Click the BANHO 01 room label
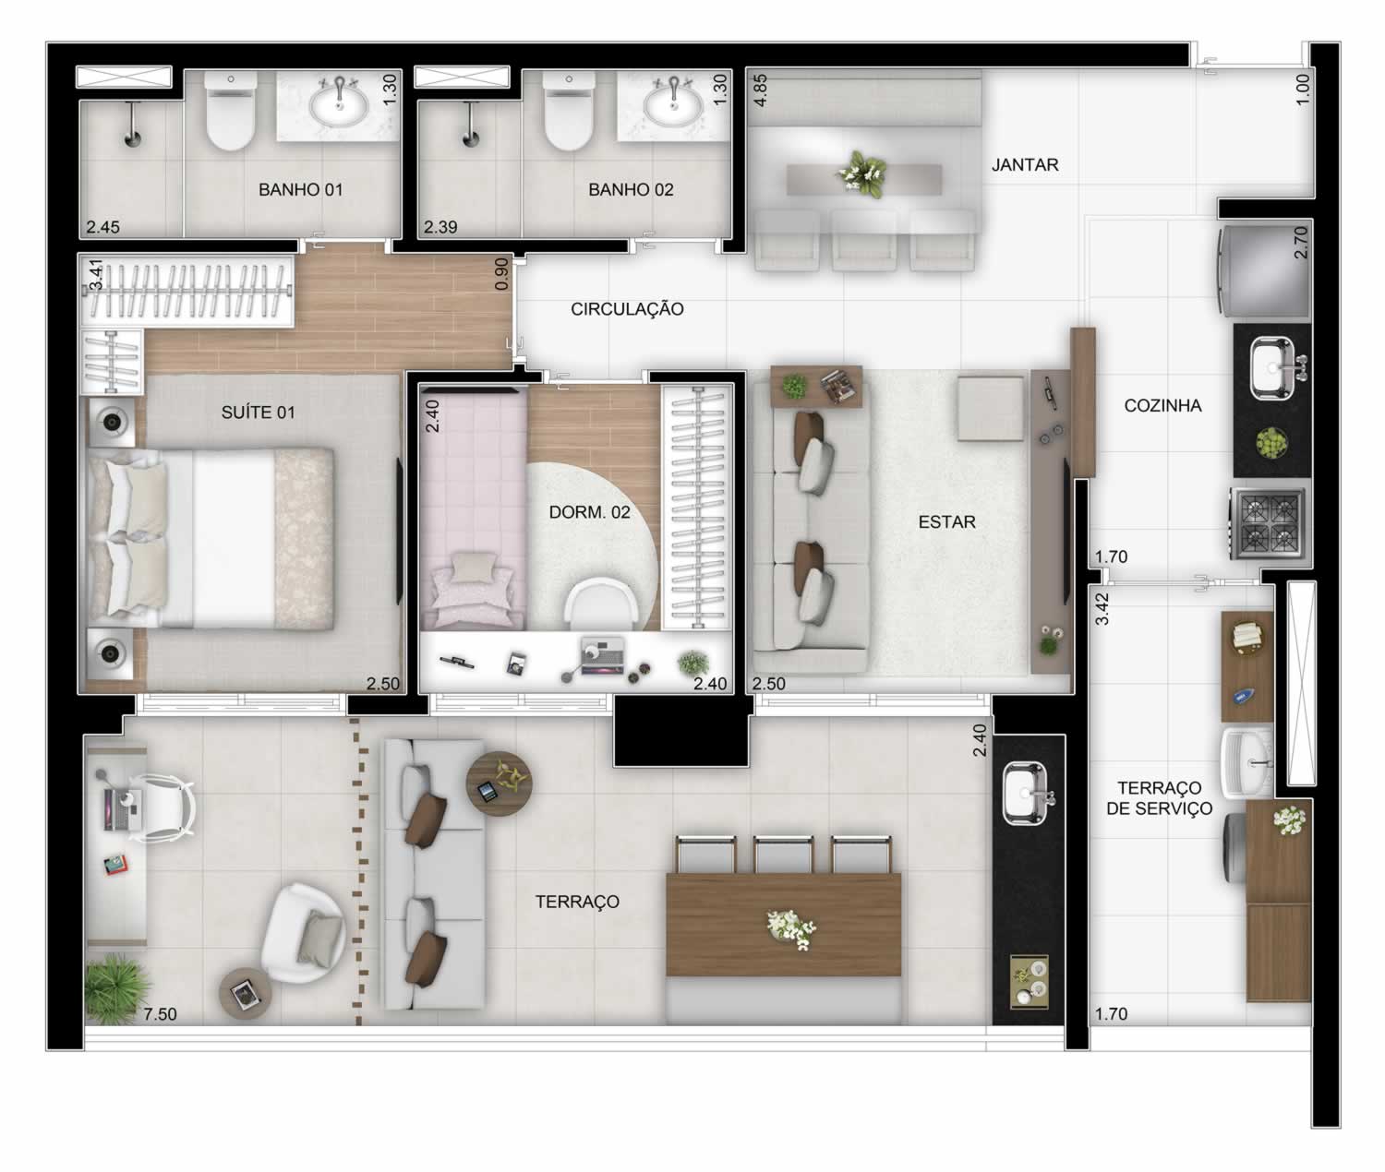coord(300,189)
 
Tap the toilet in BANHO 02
coord(568,111)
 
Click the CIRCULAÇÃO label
coord(627,309)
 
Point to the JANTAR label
coord(1025,165)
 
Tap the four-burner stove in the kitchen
coord(1270,523)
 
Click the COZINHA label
coord(1162,405)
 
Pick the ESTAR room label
coord(946,521)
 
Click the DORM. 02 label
coord(589,512)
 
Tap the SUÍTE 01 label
coord(258,413)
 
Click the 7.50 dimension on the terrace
coord(160,1014)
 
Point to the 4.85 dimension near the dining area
coord(760,90)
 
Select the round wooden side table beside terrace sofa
coord(500,783)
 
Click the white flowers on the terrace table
coord(790,929)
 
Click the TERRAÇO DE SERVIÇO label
coord(1159,798)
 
